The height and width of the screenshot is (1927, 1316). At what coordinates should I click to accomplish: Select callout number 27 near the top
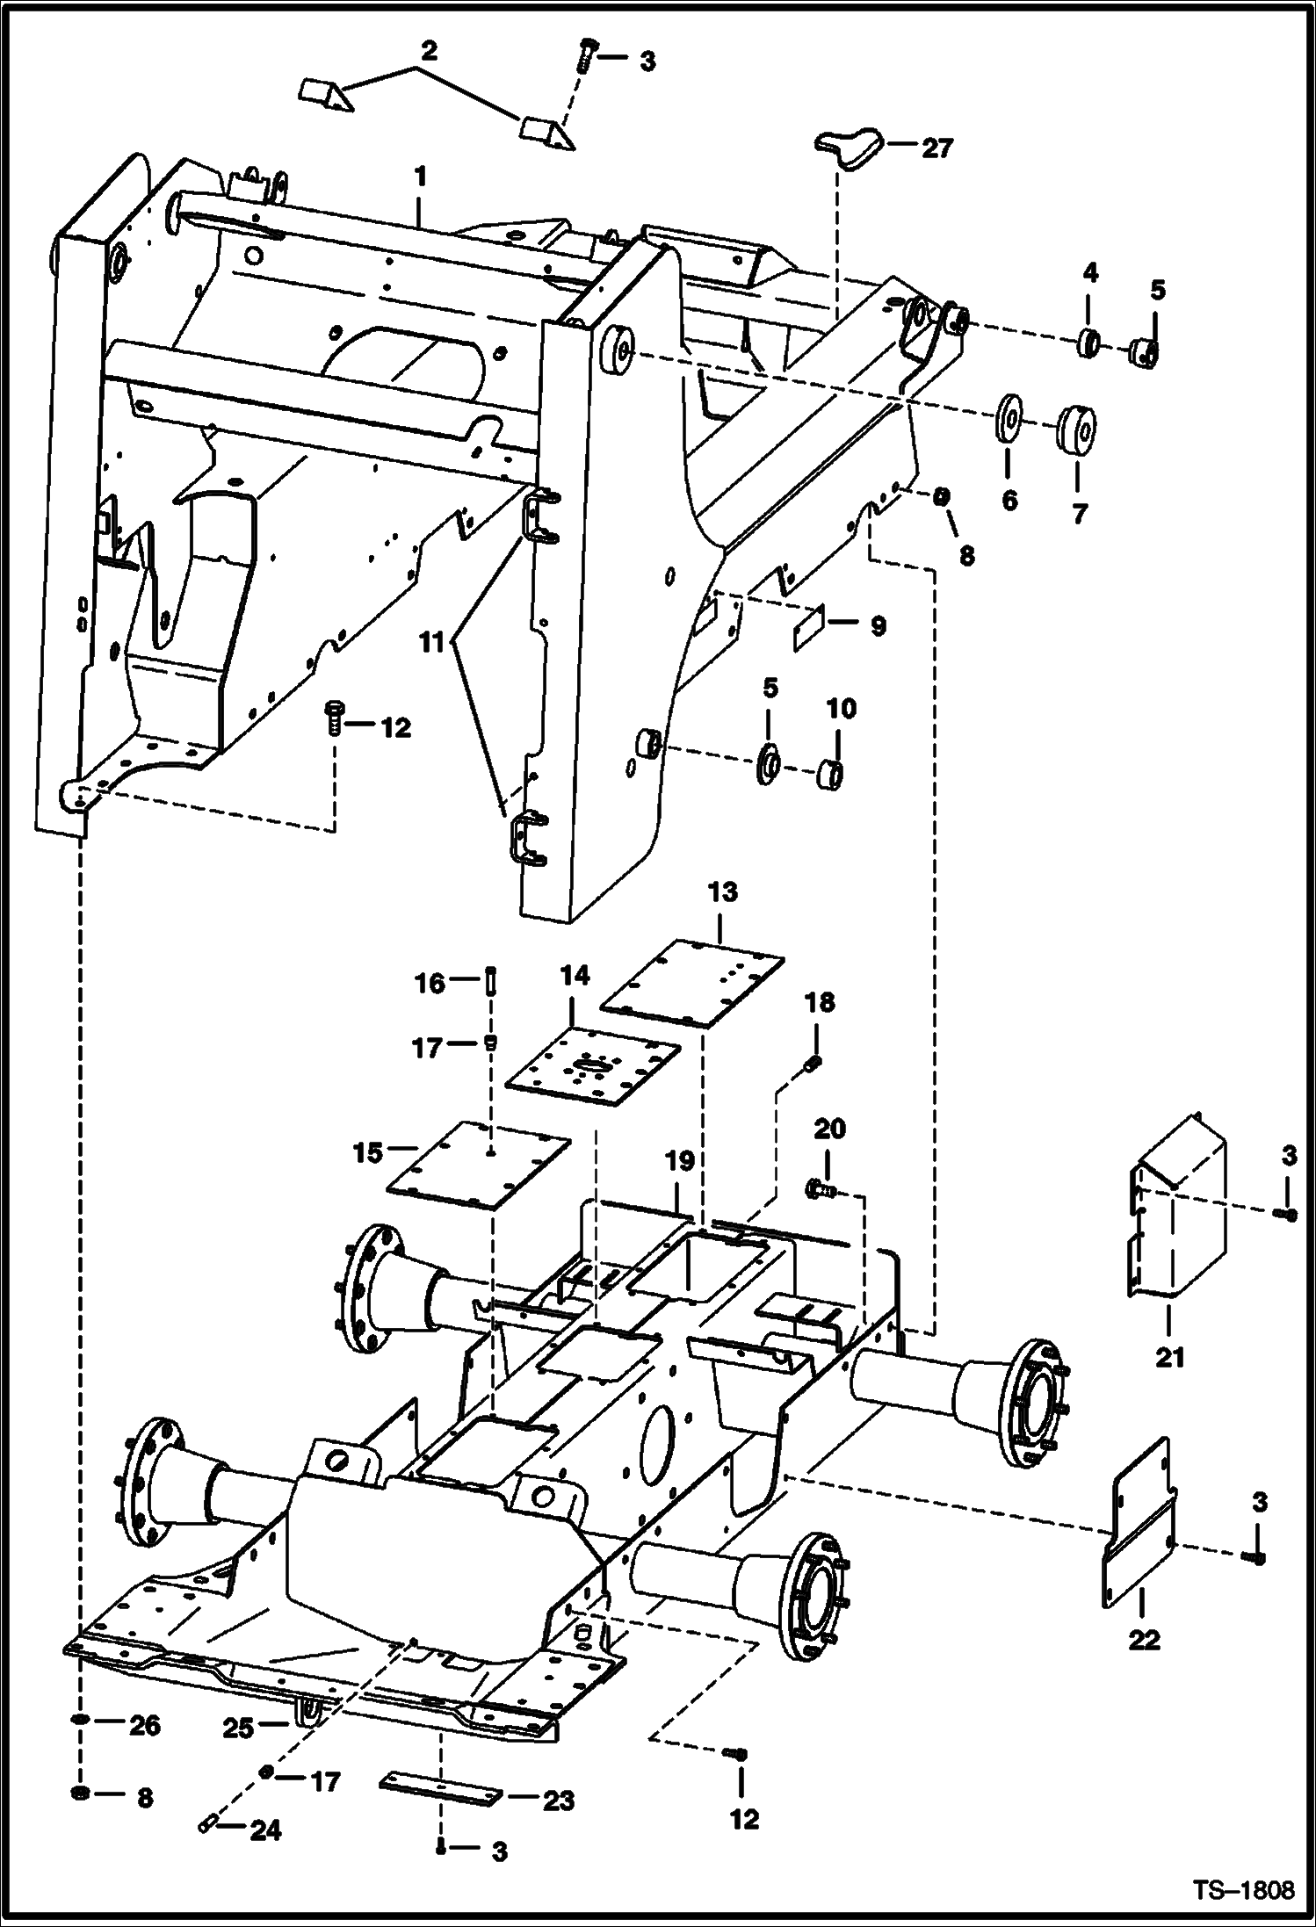(936, 148)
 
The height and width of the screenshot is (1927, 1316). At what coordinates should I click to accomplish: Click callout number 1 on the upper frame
(420, 177)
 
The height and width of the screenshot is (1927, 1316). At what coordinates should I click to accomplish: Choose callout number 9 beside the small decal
(877, 626)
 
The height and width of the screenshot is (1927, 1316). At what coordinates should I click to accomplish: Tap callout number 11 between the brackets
(431, 644)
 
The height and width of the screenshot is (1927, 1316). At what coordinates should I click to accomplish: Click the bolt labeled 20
(820, 1190)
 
